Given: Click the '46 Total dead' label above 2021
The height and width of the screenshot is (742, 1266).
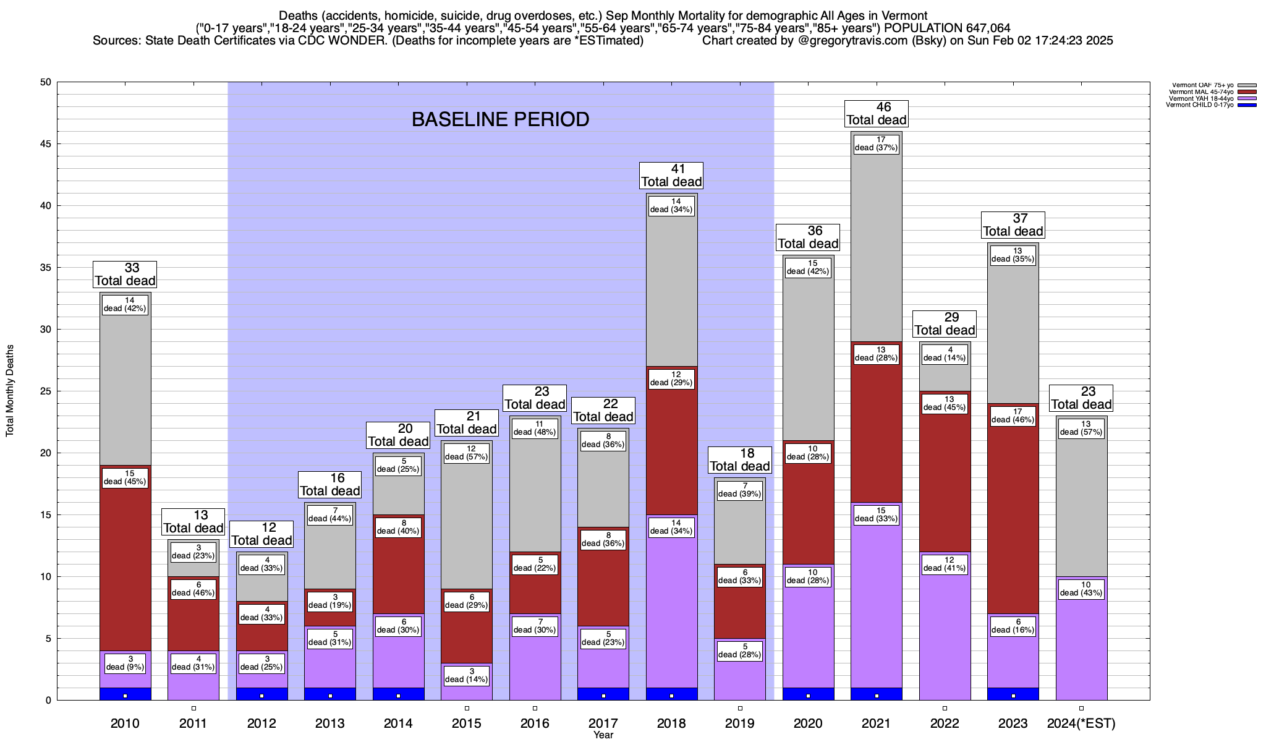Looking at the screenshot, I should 876,114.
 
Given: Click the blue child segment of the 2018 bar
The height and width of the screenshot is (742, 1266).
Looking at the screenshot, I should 671,694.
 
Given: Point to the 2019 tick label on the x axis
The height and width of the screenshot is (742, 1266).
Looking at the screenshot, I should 740,723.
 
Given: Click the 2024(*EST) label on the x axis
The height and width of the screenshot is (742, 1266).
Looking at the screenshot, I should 1081,723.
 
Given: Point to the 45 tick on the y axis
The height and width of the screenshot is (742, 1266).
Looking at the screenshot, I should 46,144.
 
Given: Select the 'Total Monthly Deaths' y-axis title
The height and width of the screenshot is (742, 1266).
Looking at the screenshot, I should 10,391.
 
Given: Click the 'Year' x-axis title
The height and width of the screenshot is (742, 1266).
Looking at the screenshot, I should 603,735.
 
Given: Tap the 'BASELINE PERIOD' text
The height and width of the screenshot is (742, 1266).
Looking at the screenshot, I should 500,119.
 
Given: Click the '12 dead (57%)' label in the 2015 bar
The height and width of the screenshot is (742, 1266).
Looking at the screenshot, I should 467,453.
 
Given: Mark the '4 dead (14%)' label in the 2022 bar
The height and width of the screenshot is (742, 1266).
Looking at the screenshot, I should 945,354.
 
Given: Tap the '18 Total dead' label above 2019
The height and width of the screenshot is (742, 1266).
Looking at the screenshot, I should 740,460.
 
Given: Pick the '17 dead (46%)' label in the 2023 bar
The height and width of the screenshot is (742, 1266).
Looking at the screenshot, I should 1013,416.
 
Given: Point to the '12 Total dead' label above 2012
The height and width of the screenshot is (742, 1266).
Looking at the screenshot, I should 261,534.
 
